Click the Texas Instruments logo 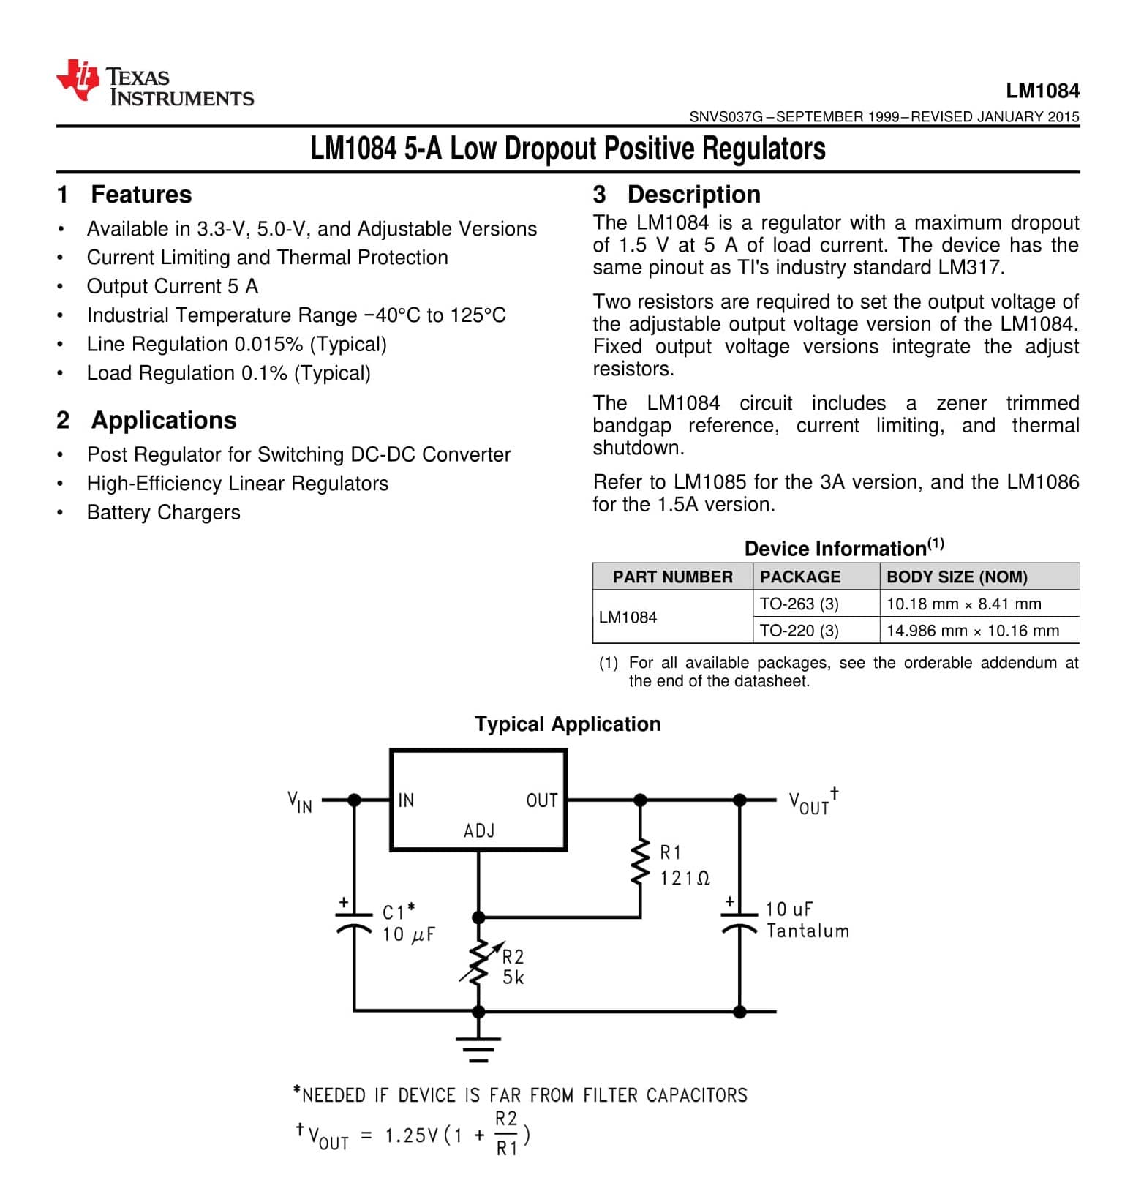pos(154,84)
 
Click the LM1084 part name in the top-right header pos(1042,91)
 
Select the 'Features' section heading pos(140,195)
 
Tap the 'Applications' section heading pos(163,420)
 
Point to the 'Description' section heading pos(693,195)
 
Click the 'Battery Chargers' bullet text pos(163,512)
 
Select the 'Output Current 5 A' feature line pos(172,286)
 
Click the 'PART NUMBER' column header pos(672,577)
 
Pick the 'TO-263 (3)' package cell pos(799,604)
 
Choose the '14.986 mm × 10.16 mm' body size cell pos(972,631)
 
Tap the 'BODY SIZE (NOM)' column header pos(957,577)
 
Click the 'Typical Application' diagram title pos(568,724)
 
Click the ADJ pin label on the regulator pos(479,831)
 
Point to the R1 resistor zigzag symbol pos(640,862)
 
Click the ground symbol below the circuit pos(478,1049)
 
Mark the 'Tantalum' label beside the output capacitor pos(808,931)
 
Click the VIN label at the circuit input pos(300,802)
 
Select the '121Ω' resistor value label pos(685,878)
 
